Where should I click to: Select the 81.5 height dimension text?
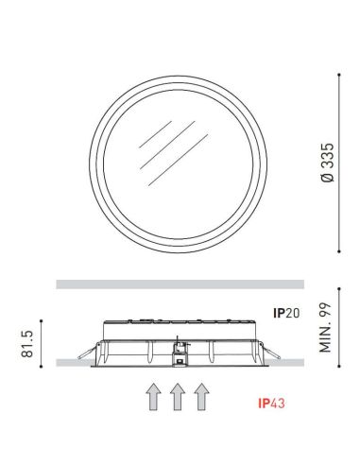(27, 343)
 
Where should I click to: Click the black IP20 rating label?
(287, 311)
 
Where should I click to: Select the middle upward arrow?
(177, 397)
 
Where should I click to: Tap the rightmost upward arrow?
(200, 397)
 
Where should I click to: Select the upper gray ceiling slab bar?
(180, 284)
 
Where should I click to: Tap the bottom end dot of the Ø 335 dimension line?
(339, 250)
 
